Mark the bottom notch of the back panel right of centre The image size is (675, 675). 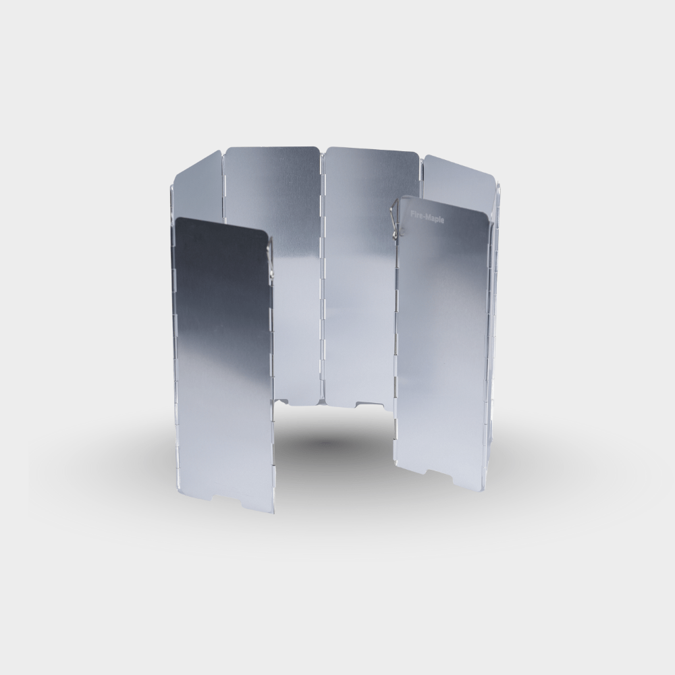pyautogui.click(x=369, y=404)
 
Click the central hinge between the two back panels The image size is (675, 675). pyautogui.click(x=323, y=275)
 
